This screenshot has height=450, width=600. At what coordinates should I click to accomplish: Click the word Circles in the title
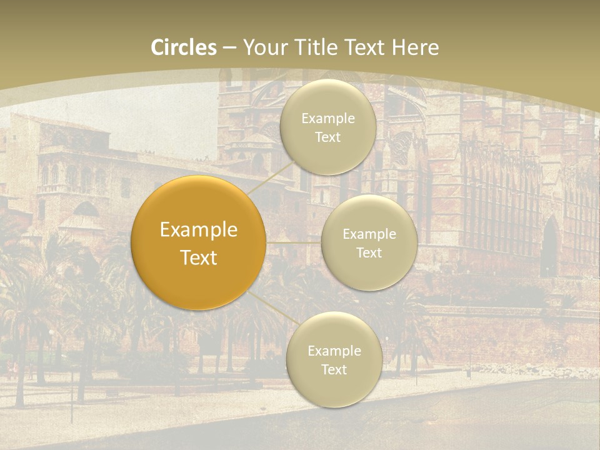[183, 47]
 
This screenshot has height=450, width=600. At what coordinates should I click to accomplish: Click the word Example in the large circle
[199, 230]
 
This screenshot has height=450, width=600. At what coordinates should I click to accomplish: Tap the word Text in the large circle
[199, 257]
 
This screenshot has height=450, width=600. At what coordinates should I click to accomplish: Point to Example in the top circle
[327, 119]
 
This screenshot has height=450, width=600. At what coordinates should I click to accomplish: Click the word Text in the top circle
[327, 137]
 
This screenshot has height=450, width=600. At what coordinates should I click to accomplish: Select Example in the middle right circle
[369, 234]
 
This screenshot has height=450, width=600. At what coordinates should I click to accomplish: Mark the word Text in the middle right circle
[369, 252]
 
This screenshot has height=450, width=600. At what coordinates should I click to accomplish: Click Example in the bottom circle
[334, 351]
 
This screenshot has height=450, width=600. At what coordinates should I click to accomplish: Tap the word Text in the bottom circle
[334, 369]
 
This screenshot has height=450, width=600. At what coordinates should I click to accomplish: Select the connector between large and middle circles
[294, 242]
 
